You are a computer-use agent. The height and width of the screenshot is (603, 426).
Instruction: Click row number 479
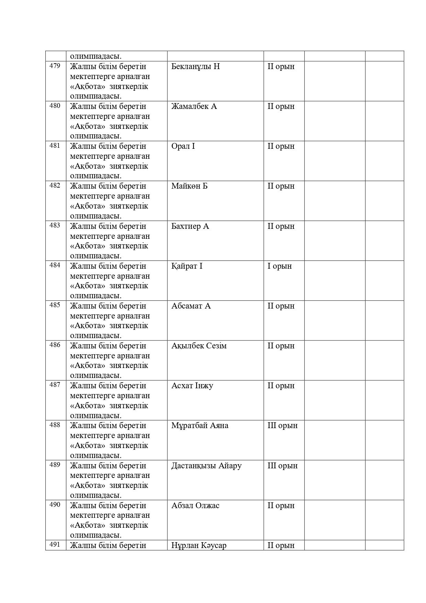point(55,66)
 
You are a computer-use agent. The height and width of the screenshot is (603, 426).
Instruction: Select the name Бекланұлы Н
point(195,66)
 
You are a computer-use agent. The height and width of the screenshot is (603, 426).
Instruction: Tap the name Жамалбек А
point(194,106)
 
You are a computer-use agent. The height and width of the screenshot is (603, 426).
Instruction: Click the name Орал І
point(183,146)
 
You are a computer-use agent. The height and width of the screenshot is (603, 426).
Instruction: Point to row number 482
point(55,186)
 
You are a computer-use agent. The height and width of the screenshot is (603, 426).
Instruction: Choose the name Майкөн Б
point(190,186)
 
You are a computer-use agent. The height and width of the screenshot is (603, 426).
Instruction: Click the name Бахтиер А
point(190,226)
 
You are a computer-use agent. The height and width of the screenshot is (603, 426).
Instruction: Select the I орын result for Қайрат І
point(280,266)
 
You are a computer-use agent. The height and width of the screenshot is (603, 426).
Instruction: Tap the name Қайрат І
point(187,266)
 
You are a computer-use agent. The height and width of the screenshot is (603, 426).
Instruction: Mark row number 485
point(55,305)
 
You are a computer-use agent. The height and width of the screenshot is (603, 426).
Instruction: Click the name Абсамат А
point(191,306)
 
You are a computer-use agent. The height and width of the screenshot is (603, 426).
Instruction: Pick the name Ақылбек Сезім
point(199,346)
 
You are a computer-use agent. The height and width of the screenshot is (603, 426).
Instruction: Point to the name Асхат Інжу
point(192,386)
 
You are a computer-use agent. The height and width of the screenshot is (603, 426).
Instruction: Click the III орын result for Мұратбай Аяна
point(282,425)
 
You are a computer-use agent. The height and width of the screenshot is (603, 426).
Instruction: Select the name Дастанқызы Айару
point(206,466)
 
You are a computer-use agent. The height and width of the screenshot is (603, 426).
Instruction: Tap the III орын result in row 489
point(282,466)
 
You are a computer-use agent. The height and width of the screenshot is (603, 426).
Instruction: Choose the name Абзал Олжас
point(195,505)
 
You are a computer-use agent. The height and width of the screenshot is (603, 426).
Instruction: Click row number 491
point(55,544)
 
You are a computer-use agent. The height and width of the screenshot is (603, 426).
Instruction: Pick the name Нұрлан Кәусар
point(199,545)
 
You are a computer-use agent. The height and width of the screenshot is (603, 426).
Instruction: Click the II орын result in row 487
point(281,386)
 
